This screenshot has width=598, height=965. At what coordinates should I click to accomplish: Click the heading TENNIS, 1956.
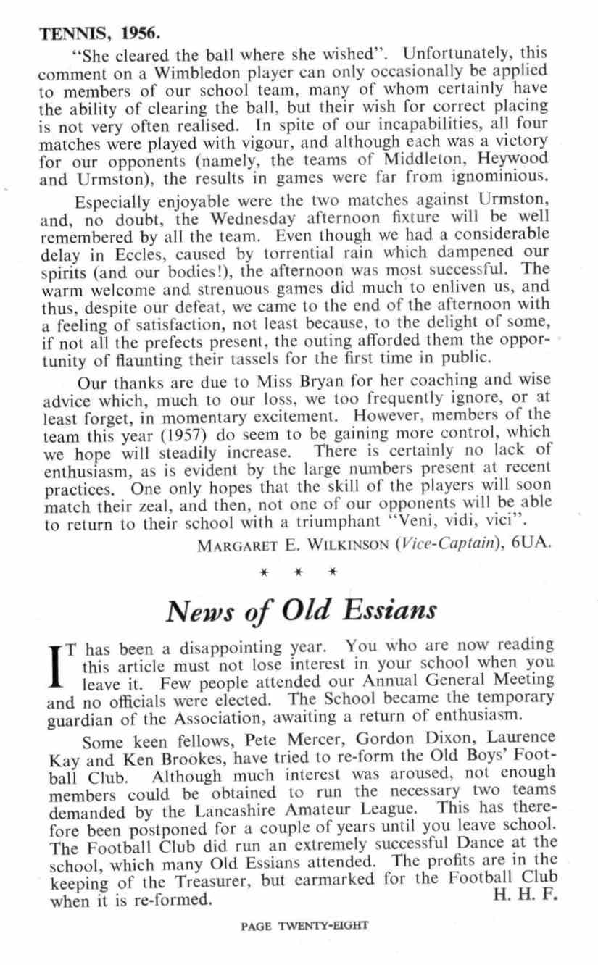[x=99, y=34]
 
